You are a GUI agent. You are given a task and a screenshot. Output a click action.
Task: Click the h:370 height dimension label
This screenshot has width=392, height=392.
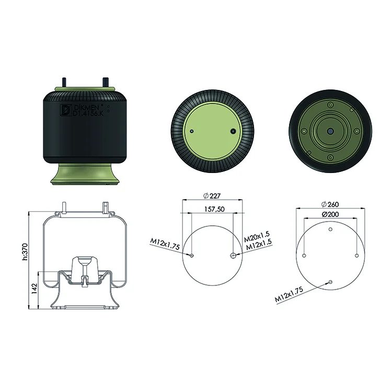coord(25,251)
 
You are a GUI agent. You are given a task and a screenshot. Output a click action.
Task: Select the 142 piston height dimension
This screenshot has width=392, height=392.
coord(34,288)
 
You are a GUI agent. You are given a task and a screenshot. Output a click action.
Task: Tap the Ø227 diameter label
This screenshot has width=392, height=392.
coord(212,196)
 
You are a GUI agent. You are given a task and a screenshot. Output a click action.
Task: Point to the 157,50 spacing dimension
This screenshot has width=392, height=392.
coord(214,209)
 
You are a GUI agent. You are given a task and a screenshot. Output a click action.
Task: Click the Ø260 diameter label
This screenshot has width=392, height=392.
coord(330,204)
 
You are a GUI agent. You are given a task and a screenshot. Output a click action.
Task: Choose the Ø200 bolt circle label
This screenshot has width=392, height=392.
coord(330,214)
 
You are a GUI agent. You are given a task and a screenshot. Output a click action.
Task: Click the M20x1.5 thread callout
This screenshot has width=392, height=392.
coord(257,236)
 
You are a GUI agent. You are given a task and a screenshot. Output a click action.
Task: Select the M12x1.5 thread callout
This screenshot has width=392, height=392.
coord(259,244)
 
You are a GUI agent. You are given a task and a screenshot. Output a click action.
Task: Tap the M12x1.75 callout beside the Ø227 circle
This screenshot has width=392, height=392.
coord(165,244)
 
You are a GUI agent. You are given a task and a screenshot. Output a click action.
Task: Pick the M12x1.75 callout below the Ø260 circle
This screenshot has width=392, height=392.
coord(289,294)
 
